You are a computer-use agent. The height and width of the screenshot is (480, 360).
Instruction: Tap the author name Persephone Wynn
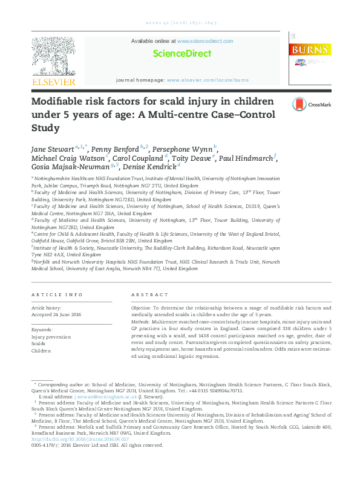click(x=185, y=148)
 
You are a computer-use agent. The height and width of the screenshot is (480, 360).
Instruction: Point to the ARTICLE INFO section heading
click(x=57, y=294)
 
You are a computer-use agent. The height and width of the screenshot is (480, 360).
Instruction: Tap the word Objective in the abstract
click(x=142, y=308)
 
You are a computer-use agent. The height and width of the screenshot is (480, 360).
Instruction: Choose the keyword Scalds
click(x=39, y=343)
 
